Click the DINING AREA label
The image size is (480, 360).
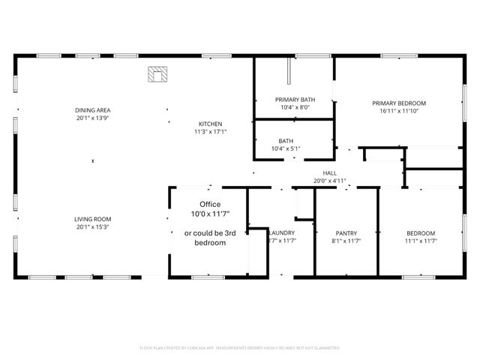(93, 110)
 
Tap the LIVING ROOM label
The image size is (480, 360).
(93, 219)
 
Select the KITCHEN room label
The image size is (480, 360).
(210, 124)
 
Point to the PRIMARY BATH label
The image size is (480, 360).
(295, 100)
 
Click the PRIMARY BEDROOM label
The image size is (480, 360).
(398, 103)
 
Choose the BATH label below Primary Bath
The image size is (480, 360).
(286, 141)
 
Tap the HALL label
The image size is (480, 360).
(329, 173)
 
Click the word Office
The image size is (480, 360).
(210, 204)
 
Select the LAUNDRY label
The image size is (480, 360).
(282, 233)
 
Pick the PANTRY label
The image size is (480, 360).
(346, 233)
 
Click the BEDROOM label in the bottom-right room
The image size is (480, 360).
(421, 233)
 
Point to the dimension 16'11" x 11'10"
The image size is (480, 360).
(398, 111)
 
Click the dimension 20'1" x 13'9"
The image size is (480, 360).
(93, 118)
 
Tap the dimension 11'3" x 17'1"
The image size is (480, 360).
(210, 131)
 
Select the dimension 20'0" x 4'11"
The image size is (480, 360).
(329, 181)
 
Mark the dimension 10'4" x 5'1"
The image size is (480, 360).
(286, 148)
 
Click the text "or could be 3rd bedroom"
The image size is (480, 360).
(210, 238)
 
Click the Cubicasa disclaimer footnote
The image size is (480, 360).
(240, 348)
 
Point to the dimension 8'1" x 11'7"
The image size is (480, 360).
(346, 241)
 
